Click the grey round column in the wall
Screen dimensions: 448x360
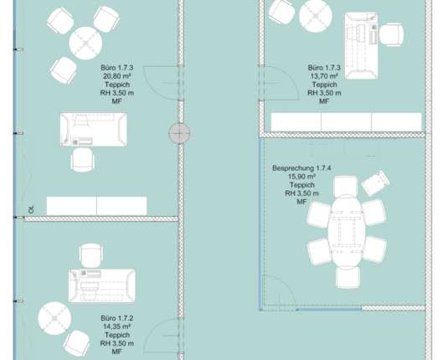coord(179,133)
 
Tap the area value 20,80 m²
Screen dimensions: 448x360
coord(117,76)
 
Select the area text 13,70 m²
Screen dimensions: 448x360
coord(324,76)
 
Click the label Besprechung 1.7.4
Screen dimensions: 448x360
coord(301,168)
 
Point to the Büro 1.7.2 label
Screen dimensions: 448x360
coord(117,318)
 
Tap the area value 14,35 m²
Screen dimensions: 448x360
coord(117,327)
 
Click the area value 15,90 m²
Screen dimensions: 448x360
coord(301,177)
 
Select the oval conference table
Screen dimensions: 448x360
coord(347,232)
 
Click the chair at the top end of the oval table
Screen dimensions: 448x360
coord(346,187)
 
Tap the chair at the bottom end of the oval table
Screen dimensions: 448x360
coord(348,277)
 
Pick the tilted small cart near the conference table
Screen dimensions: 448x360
coord(375,183)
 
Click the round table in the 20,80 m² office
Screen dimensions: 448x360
coord(85,44)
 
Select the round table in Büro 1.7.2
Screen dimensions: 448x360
coord(54,318)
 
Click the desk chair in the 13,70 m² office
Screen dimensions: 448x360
coord(391,34)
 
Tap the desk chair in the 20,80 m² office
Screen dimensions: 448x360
coord(83,160)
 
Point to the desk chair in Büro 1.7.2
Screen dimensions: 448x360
coord(91,255)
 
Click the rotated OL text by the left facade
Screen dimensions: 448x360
coord(31,209)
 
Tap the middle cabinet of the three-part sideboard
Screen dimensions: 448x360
coord(347,122)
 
